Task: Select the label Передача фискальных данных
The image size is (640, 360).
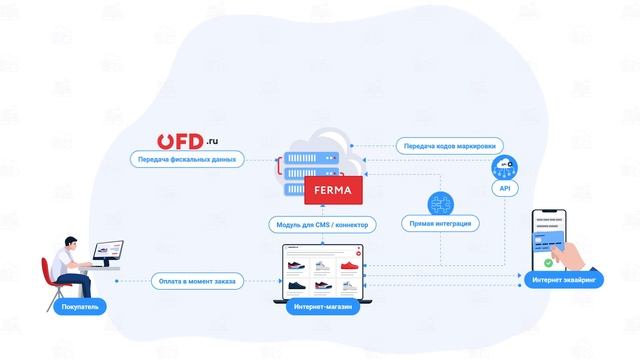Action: tap(188, 158)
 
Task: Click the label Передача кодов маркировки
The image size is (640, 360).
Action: tap(447, 145)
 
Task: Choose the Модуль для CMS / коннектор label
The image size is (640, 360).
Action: tap(319, 223)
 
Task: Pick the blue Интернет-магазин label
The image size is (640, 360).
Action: tap(319, 308)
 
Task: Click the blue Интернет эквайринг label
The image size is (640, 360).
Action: tap(564, 281)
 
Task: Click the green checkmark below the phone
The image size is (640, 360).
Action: tap(549, 262)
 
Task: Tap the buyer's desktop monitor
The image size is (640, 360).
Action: tap(107, 251)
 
